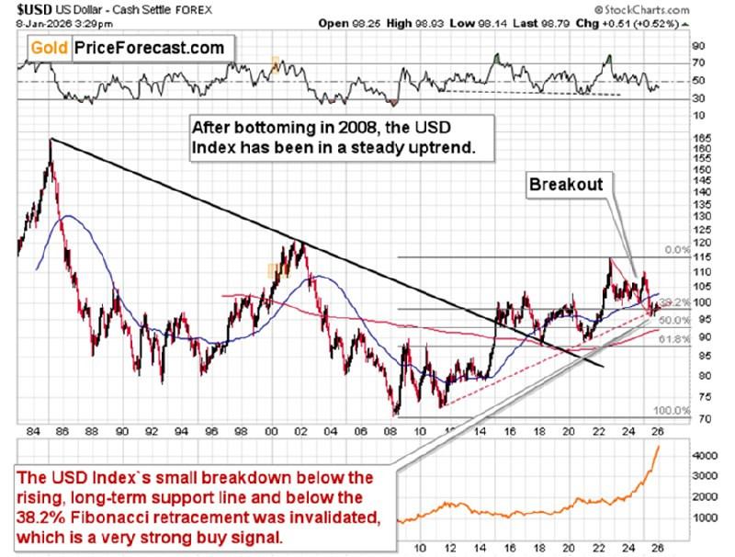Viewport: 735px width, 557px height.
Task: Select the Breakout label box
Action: point(566,184)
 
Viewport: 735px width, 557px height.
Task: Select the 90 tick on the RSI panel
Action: point(698,45)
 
